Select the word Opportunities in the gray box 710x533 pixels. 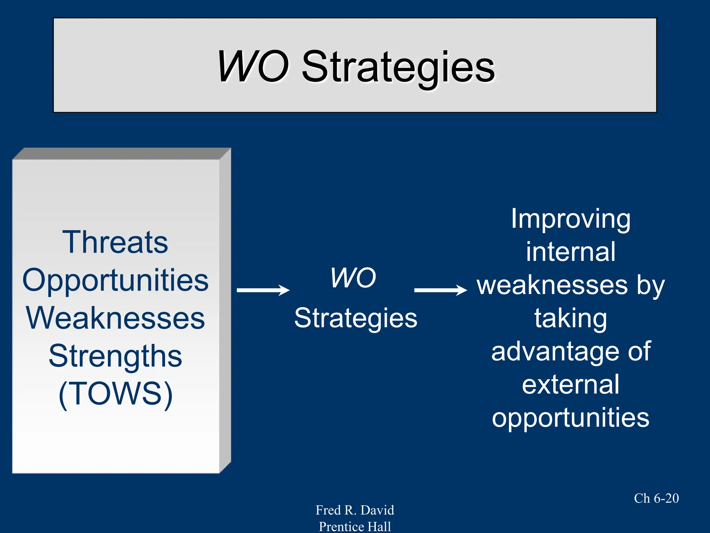click(x=115, y=280)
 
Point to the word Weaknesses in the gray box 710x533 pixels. click(x=115, y=318)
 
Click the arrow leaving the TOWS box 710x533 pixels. click(x=263, y=290)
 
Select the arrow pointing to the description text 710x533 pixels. click(x=440, y=290)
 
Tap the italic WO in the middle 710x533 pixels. click(x=353, y=278)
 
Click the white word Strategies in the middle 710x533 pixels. click(x=356, y=318)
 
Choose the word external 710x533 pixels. click(x=571, y=384)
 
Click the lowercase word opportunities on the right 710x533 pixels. click(x=571, y=417)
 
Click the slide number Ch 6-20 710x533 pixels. click(x=656, y=498)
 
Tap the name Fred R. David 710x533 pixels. click(x=355, y=510)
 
